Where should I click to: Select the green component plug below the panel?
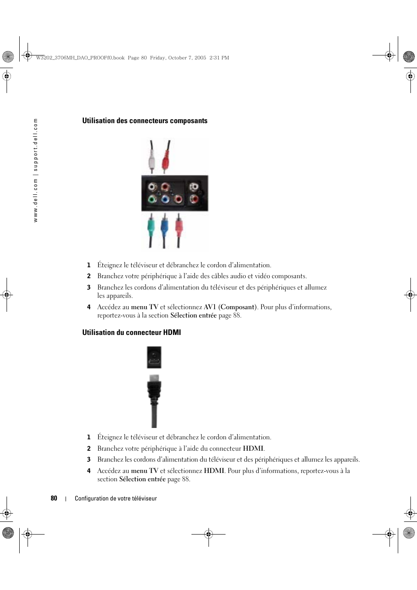[x=151, y=227]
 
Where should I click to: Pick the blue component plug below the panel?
[x=164, y=227]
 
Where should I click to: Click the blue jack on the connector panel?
[x=165, y=199]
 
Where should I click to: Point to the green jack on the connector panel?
[x=152, y=199]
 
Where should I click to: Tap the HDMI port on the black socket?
[x=154, y=362]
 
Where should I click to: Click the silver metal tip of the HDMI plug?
[x=154, y=378]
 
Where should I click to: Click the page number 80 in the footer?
[x=54, y=498]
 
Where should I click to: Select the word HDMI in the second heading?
[x=172, y=332]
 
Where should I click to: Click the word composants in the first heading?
[x=189, y=121]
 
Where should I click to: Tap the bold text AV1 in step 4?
[x=210, y=307]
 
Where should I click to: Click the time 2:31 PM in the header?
[x=219, y=58]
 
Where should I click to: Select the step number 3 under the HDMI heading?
[x=89, y=459]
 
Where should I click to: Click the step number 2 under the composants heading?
[x=89, y=276]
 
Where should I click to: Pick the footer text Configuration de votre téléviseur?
[x=116, y=498]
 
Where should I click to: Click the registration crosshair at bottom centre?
[x=208, y=534]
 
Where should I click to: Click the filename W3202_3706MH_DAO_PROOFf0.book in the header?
[x=80, y=58]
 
